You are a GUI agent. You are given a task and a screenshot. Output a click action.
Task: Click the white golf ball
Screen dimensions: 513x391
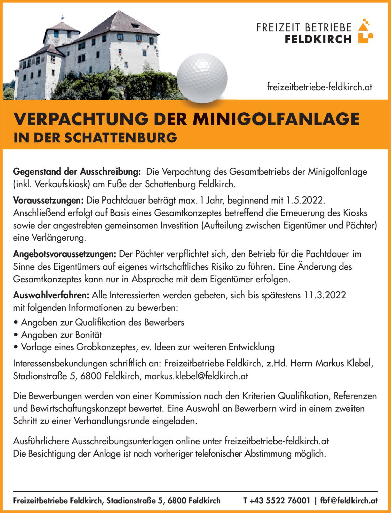click(202, 78)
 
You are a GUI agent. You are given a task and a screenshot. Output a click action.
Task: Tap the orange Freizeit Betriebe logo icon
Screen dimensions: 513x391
click(365, 32)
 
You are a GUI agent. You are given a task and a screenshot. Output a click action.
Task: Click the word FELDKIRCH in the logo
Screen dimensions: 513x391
click(318, 39)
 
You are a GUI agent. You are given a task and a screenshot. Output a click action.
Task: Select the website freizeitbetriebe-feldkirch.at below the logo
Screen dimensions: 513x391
click(319, 87)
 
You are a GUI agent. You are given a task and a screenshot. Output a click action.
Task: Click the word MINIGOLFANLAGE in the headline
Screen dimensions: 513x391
click(276, 119)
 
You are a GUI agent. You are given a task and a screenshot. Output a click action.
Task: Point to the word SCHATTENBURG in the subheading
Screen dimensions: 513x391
click(121, 138)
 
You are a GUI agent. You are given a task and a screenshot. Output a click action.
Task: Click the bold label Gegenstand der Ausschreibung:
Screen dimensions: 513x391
click(77, 172)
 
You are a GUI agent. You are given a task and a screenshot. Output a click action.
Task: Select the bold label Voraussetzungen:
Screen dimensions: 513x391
click(48, 201)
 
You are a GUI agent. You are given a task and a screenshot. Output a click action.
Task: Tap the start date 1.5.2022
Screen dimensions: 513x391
click(305, 201)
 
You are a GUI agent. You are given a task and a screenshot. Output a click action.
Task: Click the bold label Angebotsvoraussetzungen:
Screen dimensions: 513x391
click(65, 254)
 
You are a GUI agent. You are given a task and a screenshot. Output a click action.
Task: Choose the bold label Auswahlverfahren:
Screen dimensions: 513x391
click(51, 295)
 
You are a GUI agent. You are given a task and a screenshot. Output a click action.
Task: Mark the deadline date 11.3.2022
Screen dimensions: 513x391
click(325, 295)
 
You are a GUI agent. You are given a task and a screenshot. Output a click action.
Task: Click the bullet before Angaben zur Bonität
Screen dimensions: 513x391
click(16, 335)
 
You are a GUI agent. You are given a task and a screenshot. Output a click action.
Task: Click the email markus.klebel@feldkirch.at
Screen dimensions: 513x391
click(196, 376)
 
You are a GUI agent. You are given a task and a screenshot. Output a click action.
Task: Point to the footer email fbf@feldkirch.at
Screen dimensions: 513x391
click(349, 501)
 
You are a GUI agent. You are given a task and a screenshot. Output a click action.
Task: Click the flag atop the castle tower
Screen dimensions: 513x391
click(63, 18)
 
